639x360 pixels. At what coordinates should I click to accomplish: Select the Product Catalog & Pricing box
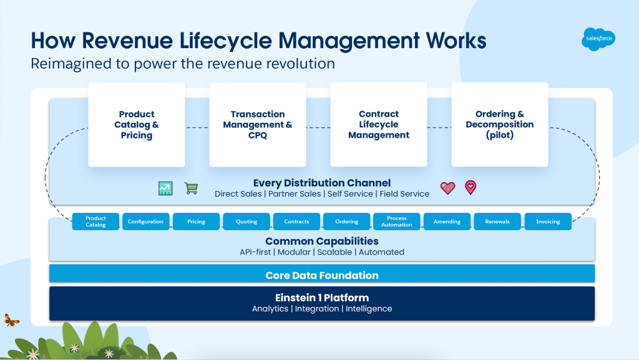point(137,125)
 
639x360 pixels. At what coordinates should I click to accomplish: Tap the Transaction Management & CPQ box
point(258,125)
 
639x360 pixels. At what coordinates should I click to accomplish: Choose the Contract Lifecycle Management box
point(379,125)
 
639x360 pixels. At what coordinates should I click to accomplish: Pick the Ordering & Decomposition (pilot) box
point(500,125)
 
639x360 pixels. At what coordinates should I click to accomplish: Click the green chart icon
point(165,188)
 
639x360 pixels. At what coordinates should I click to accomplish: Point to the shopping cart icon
point(191,188)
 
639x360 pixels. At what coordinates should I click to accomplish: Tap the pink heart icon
point(447,188)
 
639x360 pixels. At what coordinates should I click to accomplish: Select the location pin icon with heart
point(471,187)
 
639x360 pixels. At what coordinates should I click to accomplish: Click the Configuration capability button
point(145,221)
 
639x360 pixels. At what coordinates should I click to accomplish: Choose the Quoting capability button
point(246,221)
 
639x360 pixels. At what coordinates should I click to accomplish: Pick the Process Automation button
point(397,221)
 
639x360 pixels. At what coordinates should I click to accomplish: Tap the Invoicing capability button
point(548,221)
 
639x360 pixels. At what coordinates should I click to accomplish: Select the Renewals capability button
point(497,221)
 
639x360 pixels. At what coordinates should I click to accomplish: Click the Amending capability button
point(447,221)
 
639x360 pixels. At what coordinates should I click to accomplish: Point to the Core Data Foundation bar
point(322,275)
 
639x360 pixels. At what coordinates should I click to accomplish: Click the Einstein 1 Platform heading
point(322,298)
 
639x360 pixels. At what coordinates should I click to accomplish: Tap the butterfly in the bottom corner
point(11,320)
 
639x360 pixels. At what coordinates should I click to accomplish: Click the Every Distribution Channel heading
point(322,183)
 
